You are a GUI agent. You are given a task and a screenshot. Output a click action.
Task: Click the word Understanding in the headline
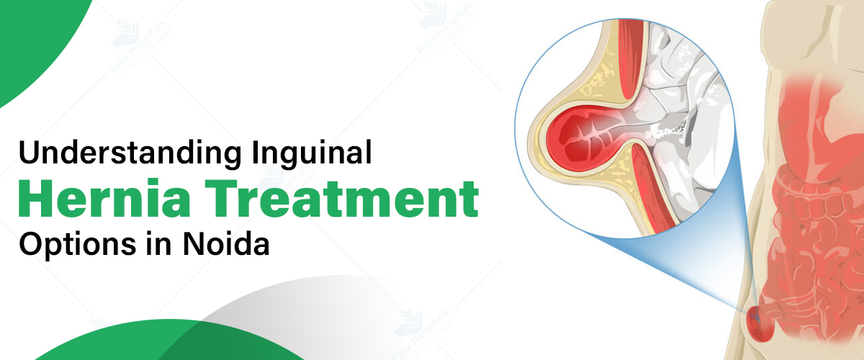click(x=130, y=153)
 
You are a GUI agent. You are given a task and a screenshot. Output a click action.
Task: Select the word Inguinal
click(x=312, y=154)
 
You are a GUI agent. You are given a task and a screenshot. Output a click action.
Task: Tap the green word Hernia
click(x=104, y=198)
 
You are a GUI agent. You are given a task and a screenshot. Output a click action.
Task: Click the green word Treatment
click(x=342, y=199)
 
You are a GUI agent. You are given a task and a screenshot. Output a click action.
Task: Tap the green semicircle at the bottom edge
click(x=170, y=341)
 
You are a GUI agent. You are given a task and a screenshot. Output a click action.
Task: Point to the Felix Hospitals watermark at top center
click(x=447, y=28)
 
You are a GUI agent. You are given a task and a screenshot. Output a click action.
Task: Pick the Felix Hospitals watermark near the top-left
click(x=140, y=45)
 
